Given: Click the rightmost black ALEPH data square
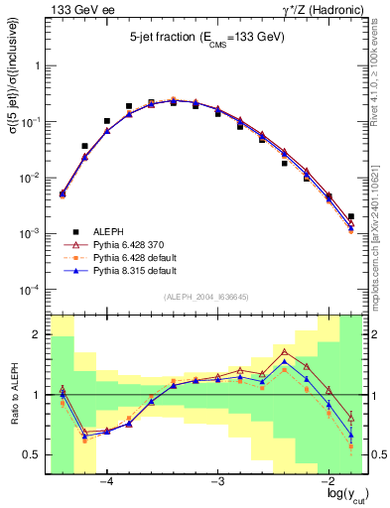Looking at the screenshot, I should click(351, 216).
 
